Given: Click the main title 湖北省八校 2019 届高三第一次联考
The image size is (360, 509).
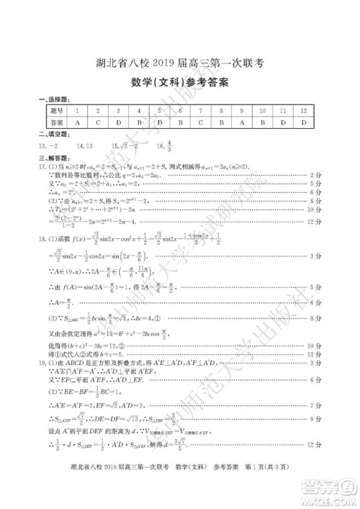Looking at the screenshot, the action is (x=180, y=63).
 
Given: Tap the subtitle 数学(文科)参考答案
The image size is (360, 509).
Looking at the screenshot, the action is (x=179, y=83).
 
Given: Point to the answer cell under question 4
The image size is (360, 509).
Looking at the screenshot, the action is (x=139, y=123).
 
